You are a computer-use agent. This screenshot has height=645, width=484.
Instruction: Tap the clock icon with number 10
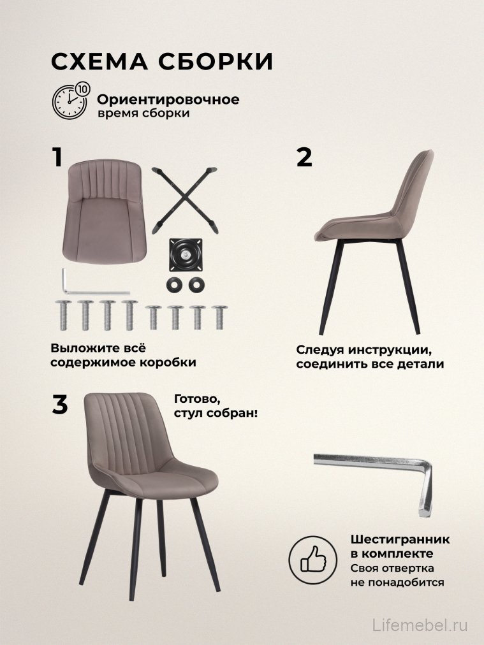tap(70, 101)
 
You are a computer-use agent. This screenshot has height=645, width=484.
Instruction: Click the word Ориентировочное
tap(168, 100)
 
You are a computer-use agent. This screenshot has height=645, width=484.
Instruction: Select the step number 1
tap(58, 157)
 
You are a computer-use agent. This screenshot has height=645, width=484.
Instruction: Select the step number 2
tap(305, 157)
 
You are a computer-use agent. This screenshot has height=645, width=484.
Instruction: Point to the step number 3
tap(59, 405)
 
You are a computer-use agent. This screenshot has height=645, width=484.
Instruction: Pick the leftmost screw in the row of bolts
tap(63, 314)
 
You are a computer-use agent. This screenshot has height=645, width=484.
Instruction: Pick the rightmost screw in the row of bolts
tap(219, 317)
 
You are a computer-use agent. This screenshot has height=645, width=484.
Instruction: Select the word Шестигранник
tap(399, 539)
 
